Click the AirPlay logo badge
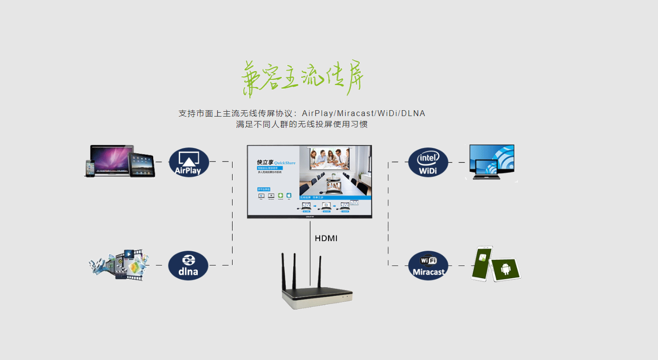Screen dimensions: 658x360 click(x=189, y=162)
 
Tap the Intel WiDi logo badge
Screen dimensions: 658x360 click(x=428, y=162)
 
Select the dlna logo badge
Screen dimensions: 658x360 click(x=188, y=265)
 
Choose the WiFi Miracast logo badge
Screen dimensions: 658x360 click(x=428, y=265)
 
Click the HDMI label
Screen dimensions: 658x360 click(x=326, y=239)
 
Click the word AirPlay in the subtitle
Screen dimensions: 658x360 click(x=318, y=114)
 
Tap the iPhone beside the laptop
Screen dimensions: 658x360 click(x=90, y=168)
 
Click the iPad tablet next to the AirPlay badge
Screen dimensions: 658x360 click(x=141, y=165)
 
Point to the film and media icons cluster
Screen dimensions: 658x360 click(x=119, y=264)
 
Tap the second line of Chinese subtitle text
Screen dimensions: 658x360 click(x=302, y=124)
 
